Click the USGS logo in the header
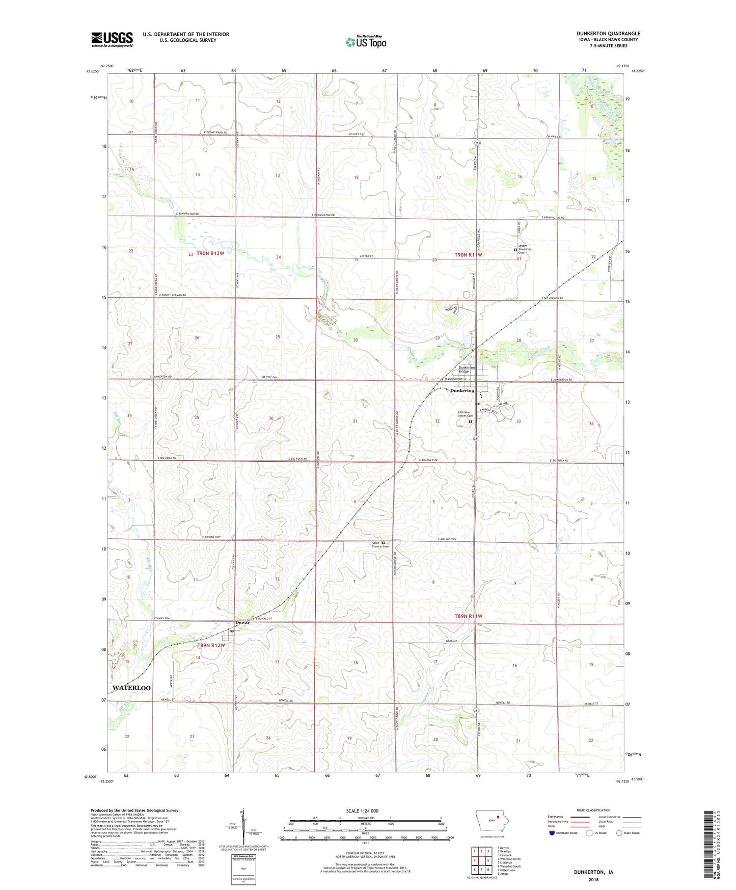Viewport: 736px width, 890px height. click(x=112, y=39)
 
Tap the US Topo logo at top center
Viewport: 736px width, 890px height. click(x=366, y=42)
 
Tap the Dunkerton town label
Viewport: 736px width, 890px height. click(x=462, y=391)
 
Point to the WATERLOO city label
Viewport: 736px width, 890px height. click(x=131, y=688)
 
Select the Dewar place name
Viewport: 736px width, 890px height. click(x=242, y=622)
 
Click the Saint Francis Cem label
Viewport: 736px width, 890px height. click(x=380, y=545)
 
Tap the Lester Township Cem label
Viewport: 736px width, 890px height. click(x=525, y=249)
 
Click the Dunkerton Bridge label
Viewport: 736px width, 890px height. click(x=467, y=370)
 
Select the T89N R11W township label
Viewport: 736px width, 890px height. click(x=468, y=616)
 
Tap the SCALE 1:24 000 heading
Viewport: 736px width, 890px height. click(x=362, y=810)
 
